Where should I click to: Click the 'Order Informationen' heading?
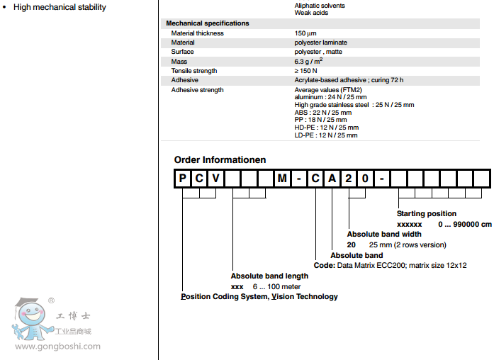tap(220, 159)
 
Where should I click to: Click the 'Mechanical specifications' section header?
tap(208, 23)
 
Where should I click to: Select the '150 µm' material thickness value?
tap(307, 33)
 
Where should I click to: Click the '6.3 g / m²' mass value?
tap(310, 62)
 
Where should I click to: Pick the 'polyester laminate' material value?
tap(321, 43)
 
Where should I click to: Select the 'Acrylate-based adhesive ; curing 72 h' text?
tap(349, 80)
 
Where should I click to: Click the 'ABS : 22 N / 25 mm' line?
tap(322, 112)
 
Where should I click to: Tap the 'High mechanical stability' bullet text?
tap(60, 7)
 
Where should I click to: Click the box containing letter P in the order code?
tap(183, 179)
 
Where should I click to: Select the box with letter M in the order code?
tap(282, 179)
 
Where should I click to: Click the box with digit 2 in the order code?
tap(348, 179)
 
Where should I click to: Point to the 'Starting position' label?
tap(427, 213)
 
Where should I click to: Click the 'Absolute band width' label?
tap(384, 234)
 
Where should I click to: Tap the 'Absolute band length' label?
tap(269, 276)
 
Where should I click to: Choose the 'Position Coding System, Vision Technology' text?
tap(259, 296)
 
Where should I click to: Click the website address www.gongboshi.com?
tap(58, 347)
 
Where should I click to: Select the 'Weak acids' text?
tap(311, 13)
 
